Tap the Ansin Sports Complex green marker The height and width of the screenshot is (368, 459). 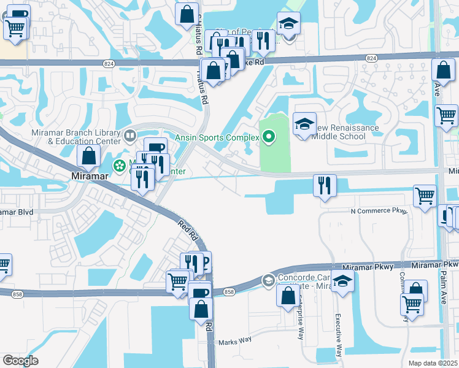(268, 137)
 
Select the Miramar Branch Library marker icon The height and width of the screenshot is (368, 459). (129, 134)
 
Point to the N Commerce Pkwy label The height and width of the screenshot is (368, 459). (379, 211)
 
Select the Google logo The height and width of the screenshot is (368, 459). (20, 361)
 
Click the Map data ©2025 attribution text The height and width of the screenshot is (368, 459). (433, 363)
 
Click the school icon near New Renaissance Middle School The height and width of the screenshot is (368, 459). (304, 124)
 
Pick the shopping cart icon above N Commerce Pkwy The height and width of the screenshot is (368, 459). (425, 196)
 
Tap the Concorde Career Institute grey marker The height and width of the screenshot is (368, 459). (268, 280)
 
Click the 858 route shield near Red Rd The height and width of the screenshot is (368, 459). (229, 292)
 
